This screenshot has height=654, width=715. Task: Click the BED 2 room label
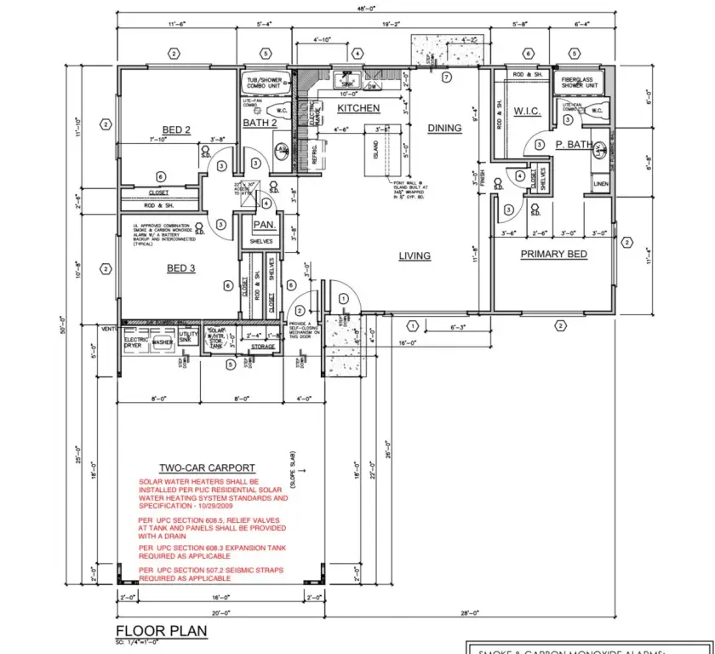(175, 130)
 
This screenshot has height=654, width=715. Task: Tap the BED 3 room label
(180, 268)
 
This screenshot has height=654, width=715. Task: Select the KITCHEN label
(358, 109)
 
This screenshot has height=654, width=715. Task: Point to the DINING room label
(444, 129)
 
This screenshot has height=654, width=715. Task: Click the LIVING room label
(415, 255)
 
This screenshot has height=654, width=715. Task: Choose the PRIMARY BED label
(553, 254)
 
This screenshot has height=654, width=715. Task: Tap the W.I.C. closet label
(527, 111)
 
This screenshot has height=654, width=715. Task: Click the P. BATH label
(575, 145)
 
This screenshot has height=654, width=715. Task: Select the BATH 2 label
(260, 123)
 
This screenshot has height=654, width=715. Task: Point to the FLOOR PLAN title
(161, 631)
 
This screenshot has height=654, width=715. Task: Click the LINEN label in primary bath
(601, 183)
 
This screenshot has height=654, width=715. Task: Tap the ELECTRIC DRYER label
(137, 342)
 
